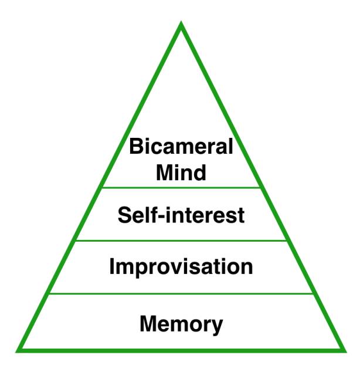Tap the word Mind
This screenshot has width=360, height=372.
tap(181, 173)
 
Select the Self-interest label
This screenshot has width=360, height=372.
tap(181, 215)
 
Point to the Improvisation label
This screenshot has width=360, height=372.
tap(181, 267)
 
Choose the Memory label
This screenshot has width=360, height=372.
tap(181, 323)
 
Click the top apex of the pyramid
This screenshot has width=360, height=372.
tap(182, 25)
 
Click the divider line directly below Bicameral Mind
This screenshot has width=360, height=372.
tap(181, 188)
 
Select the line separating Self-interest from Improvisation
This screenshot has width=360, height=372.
tap(181, 241)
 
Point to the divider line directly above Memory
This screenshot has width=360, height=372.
tap(181, 293)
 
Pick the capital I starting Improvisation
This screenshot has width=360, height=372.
tap(113, 266)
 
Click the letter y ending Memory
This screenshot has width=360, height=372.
tap(218, 326)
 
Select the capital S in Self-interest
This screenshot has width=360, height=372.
tap(124, 215)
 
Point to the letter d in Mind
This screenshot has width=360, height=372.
tap(200, 173)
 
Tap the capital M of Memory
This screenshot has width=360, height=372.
tap(148, 323)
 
